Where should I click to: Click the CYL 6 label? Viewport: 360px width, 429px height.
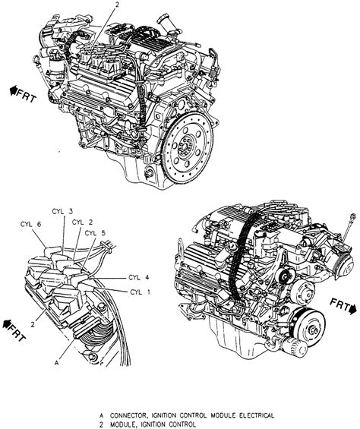30,224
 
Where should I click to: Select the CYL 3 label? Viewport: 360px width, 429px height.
62,211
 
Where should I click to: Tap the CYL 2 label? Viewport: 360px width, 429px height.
82,222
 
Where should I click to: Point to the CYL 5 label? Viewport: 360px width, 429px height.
95,233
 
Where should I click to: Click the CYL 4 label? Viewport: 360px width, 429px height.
139,277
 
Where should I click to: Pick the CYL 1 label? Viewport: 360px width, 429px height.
140,292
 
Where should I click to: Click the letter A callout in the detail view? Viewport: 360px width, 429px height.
57,363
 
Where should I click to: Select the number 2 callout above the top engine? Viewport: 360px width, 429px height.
117,5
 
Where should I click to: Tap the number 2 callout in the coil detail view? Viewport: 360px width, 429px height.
33,325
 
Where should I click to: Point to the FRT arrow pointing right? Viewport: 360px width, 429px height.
344,306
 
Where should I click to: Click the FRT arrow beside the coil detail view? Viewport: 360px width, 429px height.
14,330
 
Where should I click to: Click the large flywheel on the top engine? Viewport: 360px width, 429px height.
188,147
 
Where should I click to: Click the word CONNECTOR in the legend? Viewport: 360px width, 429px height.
128,415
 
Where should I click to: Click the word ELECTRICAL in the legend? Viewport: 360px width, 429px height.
257,415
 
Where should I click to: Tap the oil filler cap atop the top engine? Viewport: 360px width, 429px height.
164,21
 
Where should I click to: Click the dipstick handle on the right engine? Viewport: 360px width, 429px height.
353,216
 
